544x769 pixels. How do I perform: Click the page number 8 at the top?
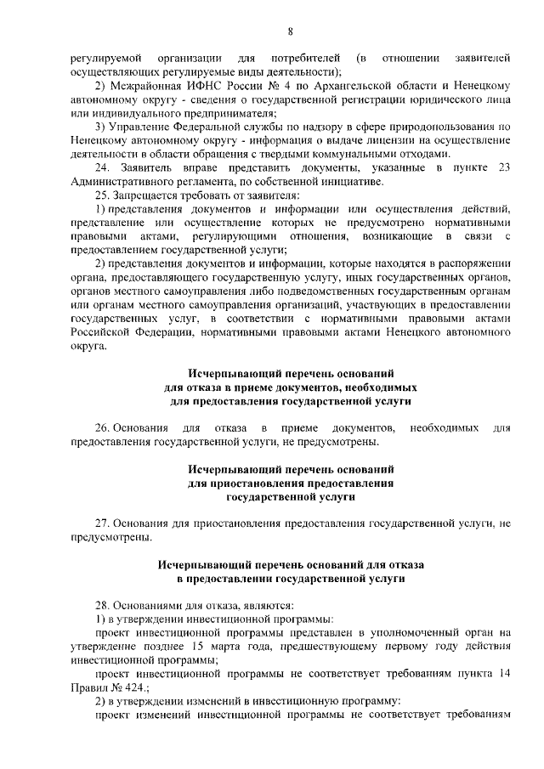[290, 31]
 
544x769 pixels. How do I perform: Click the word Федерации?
[160, 332]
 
